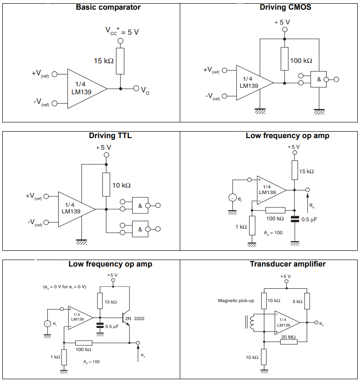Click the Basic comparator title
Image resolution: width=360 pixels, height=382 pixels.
pos(108,7)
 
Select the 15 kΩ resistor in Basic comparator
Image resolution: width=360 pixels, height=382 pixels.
pos(120,61)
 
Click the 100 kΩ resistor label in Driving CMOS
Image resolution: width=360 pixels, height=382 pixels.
pos(301,61)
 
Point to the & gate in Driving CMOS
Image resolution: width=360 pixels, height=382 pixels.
pos(318,79)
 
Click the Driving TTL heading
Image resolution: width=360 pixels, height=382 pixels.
pos(107,136)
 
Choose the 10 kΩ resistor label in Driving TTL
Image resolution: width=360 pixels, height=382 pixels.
pos(122,185)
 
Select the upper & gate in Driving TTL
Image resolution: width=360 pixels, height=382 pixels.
pos(140,205)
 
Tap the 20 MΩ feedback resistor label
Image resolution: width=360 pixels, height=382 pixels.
pos(289,337)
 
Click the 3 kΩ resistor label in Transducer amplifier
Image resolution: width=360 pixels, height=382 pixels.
pos(297,301)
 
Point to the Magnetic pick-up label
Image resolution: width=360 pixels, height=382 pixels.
pos(236,301)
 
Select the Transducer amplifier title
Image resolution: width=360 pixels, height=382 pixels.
pos(287,264)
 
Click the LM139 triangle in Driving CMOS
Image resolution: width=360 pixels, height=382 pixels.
pos(252,83)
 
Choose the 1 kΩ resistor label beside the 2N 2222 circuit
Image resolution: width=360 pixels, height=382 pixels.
pos(55,357)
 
